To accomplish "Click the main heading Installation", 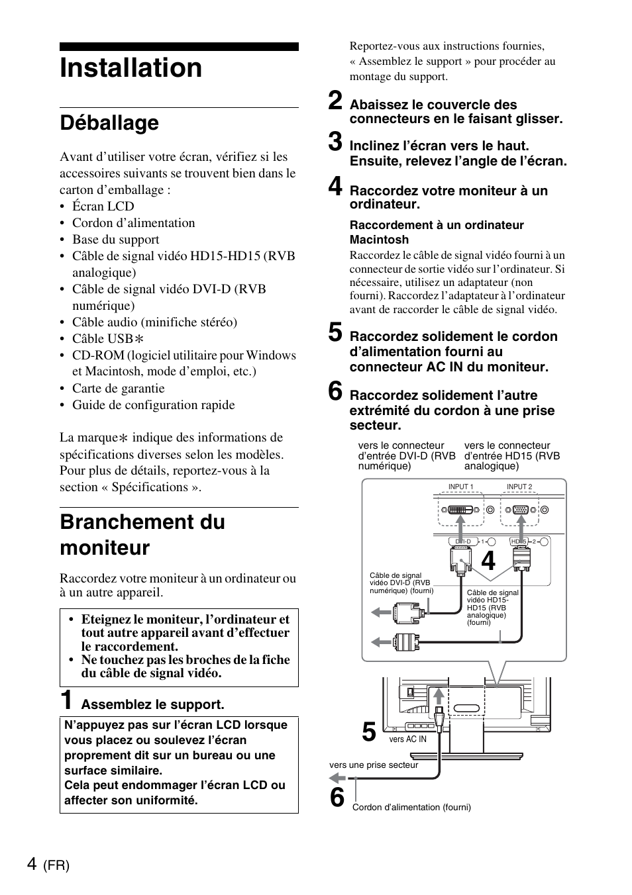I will click(131, 69).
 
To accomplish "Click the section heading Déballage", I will click(109, 123).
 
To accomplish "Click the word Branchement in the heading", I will click(142, 522).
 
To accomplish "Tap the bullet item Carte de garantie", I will click(119, 389).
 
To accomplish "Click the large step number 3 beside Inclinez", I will click(336, 142).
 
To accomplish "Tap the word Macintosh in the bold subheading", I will click(379, 240).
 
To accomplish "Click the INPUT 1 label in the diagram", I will click(460, 487).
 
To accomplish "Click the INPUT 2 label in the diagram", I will click(519, 487).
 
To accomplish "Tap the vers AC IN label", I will click(407, 739).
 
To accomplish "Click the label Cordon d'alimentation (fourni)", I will click(411, 808).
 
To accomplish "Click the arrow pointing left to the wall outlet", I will click(337, 778).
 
